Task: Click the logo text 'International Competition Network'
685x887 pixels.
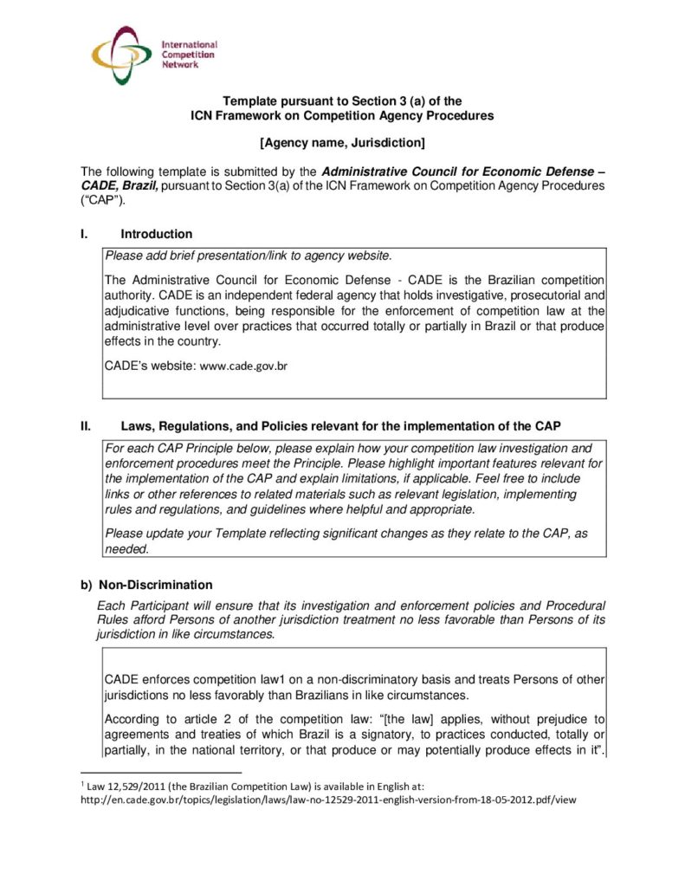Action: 189,54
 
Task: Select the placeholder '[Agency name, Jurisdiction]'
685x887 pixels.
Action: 342,141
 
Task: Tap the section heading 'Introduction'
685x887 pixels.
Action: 157,234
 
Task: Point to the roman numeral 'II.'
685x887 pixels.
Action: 87,426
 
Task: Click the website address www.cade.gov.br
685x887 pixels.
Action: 243,366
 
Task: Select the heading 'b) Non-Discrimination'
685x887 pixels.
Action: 146,585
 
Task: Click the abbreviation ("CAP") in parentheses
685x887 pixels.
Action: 103,201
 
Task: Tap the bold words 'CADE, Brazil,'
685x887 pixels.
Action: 120,186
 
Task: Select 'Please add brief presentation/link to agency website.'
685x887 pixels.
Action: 249,256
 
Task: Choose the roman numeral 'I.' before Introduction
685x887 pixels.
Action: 84,234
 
